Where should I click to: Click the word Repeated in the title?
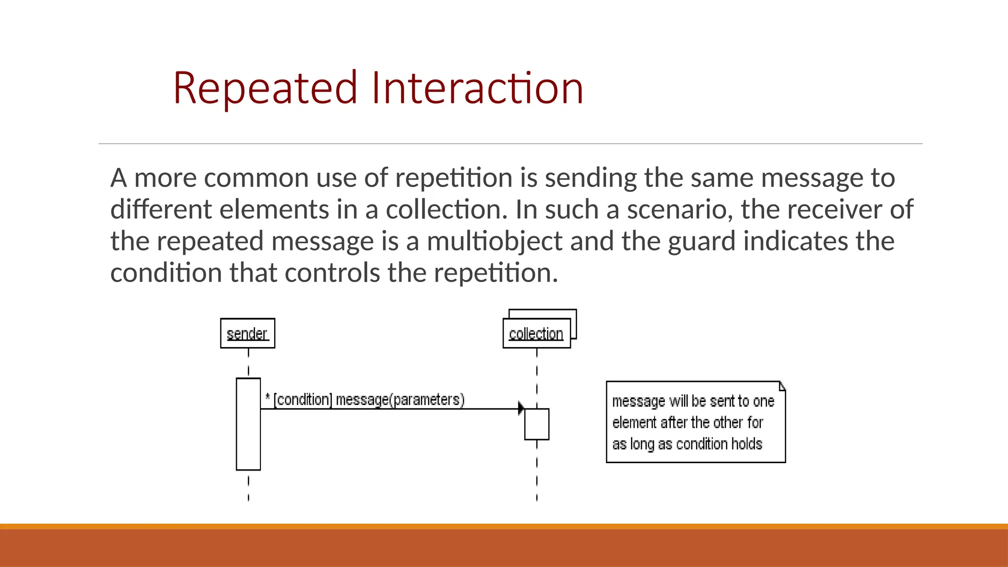pyautogui.click(x=265, y=89)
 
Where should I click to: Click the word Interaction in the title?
pyautogui.click(x=477, y=89)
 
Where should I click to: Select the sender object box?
pyautogui.click(x=248, y=333)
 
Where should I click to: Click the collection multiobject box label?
pyautogui.click(x=536, y=334)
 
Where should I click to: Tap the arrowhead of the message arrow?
pyautogui.click(x=521, y=408)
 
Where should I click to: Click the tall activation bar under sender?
pyautogui.click(x=248, y=424)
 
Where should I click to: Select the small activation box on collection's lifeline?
pyautogui.click(x=536, y=424)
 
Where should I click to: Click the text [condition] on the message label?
pyautogui.click(x=303, y=400)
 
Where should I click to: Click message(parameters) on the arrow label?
pyautogui.click(x=400, y=400)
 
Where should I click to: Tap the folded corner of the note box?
pyautogui.click(x=782, y=386)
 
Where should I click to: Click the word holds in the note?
pyautogui.click(x=747, y=444)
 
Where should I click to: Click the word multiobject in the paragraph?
pyautogui.click(x=494, y=241)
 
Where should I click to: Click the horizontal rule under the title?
pyautogui.click(x=510, y=144)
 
